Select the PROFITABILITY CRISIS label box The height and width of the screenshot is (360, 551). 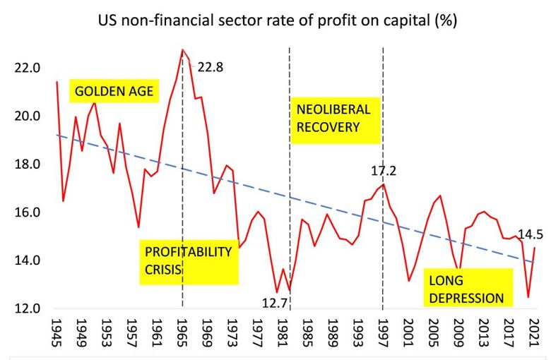(x=189, y=260)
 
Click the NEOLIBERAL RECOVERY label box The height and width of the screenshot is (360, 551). (x=333, y=119)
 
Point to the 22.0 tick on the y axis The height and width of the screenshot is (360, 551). (x=26, y=68)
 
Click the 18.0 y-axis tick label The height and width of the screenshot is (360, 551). (x=26, y=164)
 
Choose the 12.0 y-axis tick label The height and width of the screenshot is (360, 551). (x=26, y=308)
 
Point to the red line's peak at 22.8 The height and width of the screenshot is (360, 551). (x=182, y=49)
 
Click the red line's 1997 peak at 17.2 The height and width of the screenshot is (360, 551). (x=383, y=184)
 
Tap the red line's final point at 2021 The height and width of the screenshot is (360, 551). (x=535, y=248)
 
